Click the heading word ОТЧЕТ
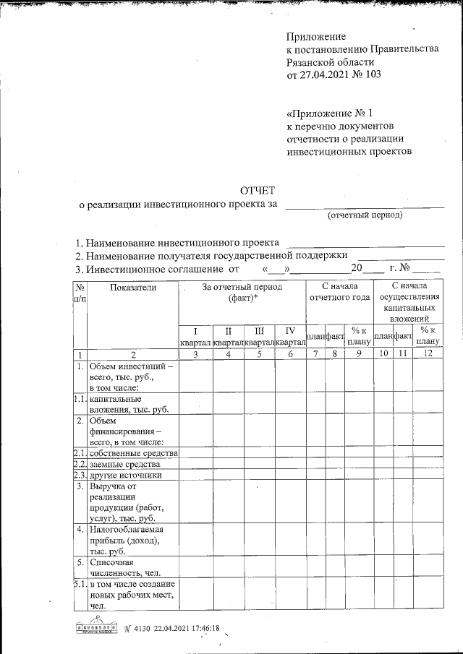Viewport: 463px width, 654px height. (258, 191)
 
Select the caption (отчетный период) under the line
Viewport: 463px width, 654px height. (365, 215)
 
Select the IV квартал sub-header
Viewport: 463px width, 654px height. (290, 335)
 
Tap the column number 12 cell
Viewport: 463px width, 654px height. (428, 353)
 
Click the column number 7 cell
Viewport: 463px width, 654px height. (315, 353)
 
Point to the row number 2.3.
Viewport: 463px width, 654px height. (80, 475)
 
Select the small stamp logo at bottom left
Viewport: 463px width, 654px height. (96, 629)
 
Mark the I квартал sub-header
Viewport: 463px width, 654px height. (195, 335)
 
